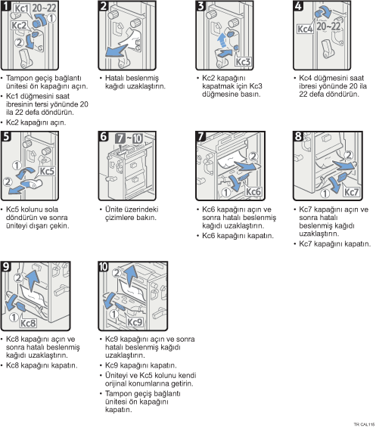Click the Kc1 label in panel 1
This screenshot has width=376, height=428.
21,8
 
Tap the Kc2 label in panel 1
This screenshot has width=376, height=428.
20,26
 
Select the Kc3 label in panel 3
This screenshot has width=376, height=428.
243,62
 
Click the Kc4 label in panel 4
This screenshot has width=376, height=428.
305,29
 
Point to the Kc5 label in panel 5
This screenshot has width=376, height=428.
47,171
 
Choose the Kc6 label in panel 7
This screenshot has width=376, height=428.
253,191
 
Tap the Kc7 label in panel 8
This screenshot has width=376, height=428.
351,192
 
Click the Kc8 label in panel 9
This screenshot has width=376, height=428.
28,323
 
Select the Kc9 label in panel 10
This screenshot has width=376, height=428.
135,322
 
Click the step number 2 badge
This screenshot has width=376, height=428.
104,6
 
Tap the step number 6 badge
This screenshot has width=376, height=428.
104,136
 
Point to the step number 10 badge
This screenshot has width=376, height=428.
104,266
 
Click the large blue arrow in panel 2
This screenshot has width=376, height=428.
116,51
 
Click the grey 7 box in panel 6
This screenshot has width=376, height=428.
120,138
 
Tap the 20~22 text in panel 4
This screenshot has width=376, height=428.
328,26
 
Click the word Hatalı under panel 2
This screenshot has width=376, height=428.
113,78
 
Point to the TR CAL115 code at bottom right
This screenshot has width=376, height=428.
364,424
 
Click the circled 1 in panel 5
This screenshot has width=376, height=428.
17,165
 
